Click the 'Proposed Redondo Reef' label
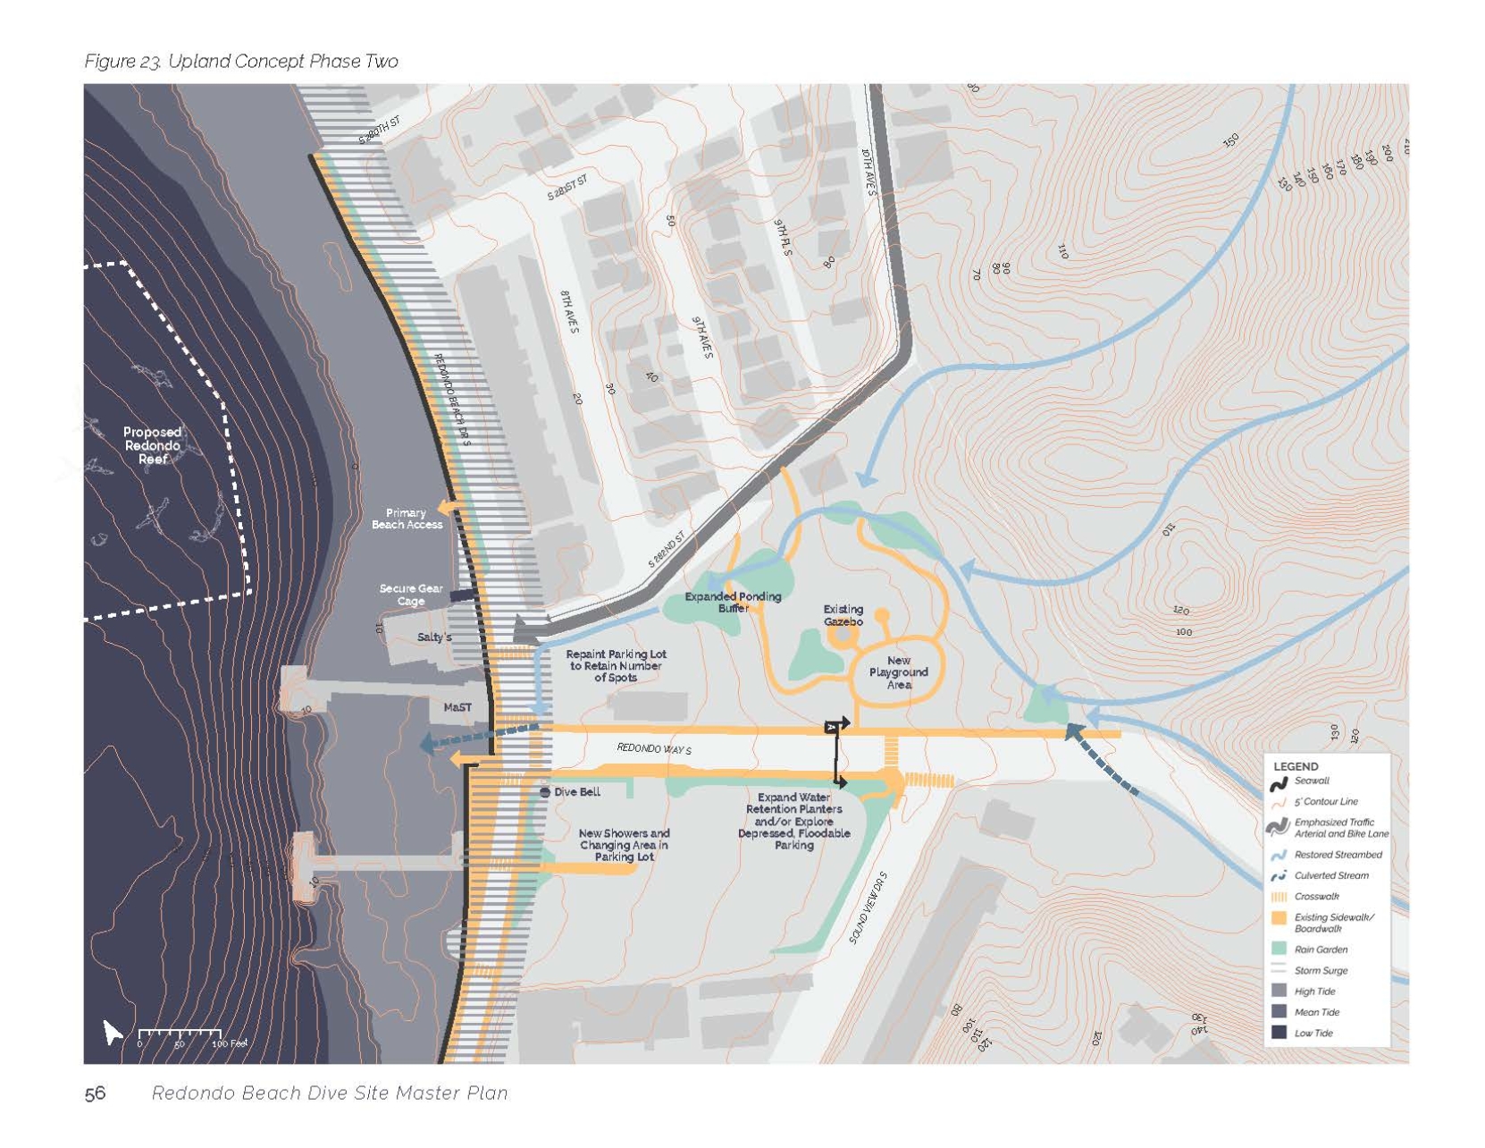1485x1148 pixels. [x=152, y=445]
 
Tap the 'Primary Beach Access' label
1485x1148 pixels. [x=407, y=519]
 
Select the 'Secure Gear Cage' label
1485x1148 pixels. [x=410, y=595]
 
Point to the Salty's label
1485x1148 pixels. [x=434, y=637]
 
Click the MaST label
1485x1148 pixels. [x=457, y=707]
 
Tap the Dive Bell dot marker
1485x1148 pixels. [x=545, y=792]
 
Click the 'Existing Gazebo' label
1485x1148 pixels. [x=843, y=615]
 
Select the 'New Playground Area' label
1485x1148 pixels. [x=898, y=672]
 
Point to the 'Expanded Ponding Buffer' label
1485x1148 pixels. [x=733, y=602]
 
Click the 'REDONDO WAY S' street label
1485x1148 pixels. [x=653, y=748]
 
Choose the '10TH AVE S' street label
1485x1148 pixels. [x=868, y=172]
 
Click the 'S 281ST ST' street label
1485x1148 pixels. [x=567, y=188]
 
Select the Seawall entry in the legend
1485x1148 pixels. [x=1279, y=783]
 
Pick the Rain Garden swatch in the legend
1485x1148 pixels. [x=1279, y=949]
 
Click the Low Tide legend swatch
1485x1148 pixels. [x=1279, y=1033]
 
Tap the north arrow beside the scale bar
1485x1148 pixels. [x=112, y=1032]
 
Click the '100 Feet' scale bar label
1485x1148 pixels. [x=229, y=1043]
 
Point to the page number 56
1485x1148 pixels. [x=95, y=1093]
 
